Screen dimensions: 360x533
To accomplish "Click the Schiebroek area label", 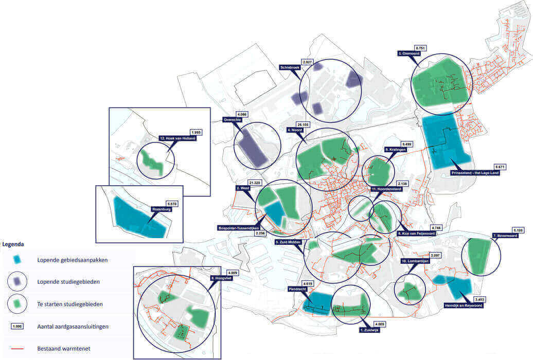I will point(290,67).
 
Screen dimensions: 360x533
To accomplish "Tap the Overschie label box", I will point(232,120).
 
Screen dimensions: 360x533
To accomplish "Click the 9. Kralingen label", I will point(396,150).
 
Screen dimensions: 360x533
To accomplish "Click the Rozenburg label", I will point(161,209).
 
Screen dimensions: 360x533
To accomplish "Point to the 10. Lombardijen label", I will point(414,261).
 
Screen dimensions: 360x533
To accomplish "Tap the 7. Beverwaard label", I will point(506,236).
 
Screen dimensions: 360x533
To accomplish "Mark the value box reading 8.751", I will point(421,48).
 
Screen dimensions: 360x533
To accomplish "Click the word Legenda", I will point(12,244).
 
